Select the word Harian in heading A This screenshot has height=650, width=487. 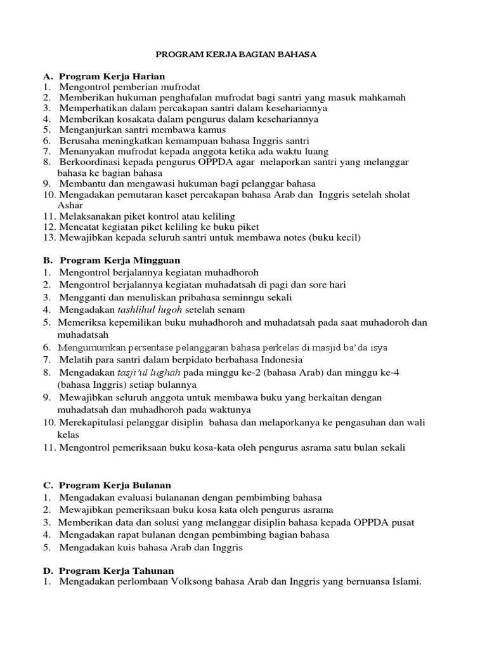(148, 76)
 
